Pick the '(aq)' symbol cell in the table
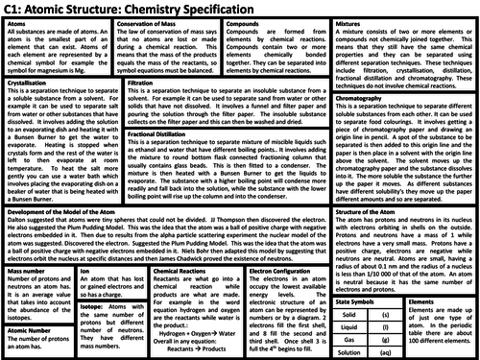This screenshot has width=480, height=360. coord(389,353)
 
